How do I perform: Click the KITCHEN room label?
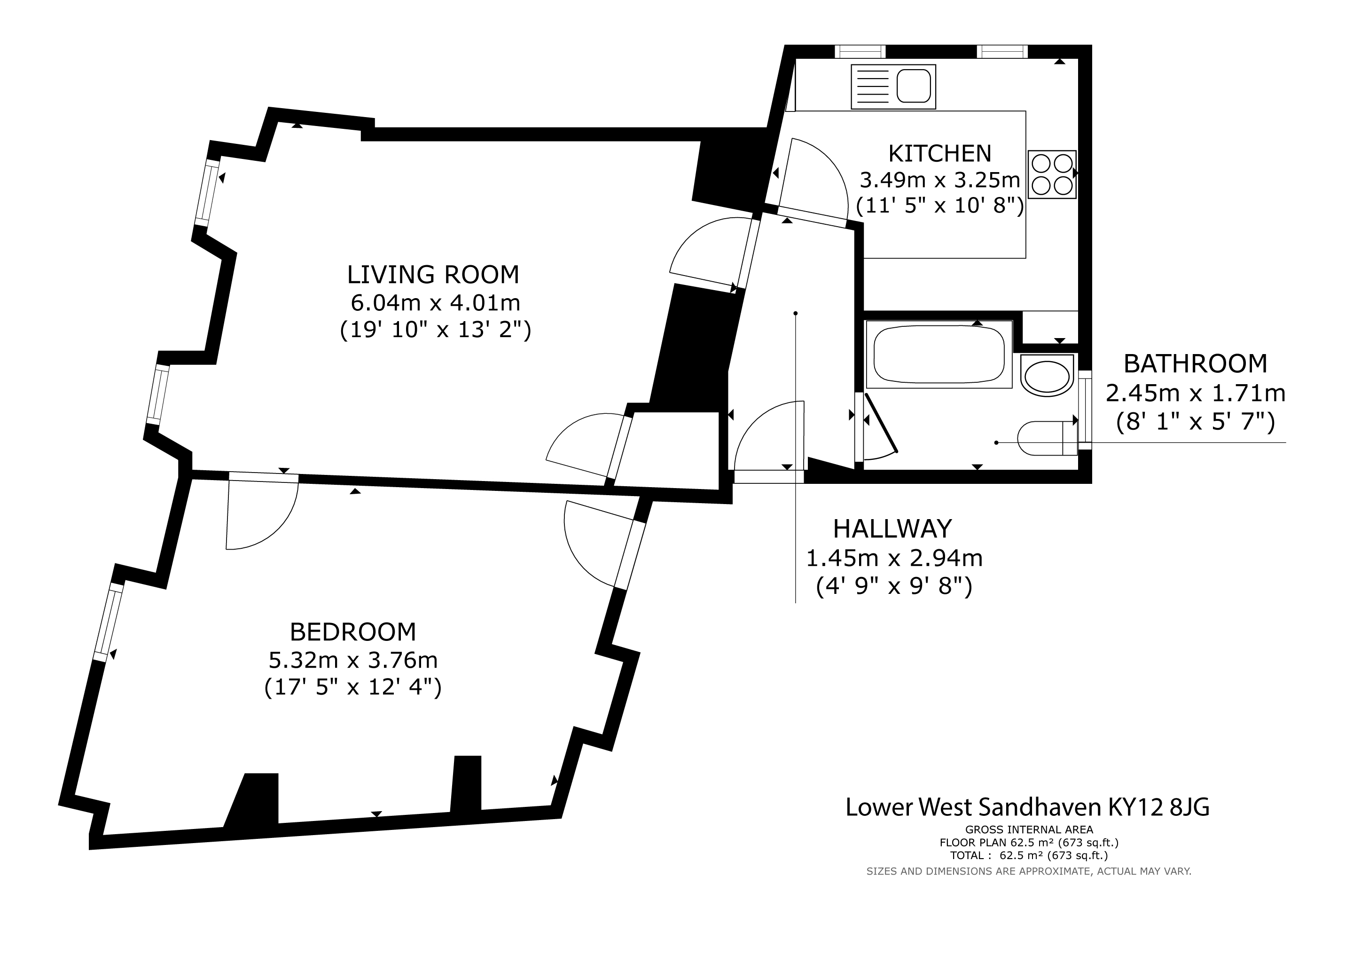coord(939,154)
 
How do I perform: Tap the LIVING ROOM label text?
coord(433,275)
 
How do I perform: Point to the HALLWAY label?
coord(893,529)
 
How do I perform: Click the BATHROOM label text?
coord(1196,363)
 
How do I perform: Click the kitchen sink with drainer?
coord(893,87)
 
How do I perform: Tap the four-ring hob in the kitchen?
coord(1052,174)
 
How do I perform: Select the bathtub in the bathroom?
coord(939,355)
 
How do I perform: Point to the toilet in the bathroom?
coord(1047,438)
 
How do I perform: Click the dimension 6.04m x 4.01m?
coord(436,303)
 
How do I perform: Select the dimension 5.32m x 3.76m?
coord(353,660)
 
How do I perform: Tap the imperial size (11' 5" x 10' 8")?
coord(940,206)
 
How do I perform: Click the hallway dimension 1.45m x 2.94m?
coord(894,558)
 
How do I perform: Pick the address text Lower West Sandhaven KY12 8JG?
coord(1027,807)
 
